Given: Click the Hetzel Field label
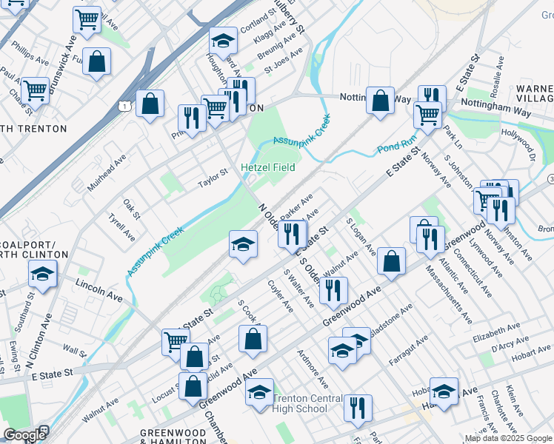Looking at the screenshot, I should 268,167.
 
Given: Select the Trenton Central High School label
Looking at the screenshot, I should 308,403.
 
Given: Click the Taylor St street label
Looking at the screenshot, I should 212,180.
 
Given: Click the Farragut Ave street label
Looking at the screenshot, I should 408,351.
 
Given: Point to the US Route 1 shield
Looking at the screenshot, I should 124,107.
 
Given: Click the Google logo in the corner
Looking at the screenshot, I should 24,434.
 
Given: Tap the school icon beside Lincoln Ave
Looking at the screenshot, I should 43,274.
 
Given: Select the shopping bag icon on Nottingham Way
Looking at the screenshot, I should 380,101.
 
